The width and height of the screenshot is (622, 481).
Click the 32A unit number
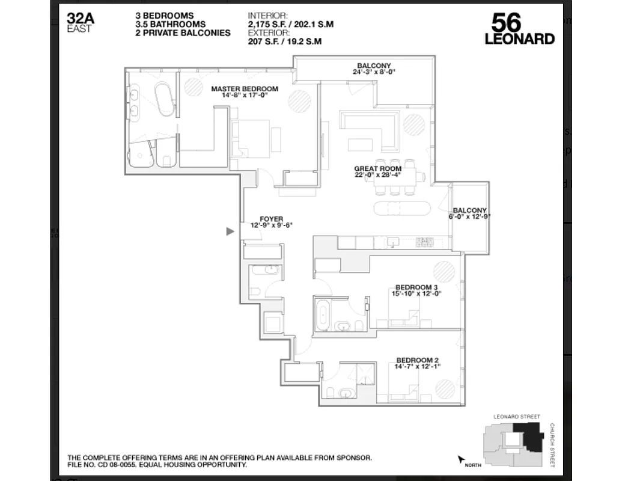(x=79, y=17)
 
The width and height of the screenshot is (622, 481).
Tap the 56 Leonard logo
(x=519, y=29)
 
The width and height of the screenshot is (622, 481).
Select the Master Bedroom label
(x=239, y=88)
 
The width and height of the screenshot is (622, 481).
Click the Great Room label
(x=377, y=169)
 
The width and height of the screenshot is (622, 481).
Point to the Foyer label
(x=271, y=219)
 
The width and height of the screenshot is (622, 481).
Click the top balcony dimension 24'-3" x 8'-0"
(x=374, y=72)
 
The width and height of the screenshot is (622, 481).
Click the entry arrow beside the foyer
(x=230, y=231)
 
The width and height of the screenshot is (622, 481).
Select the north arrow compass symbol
(x=462, y=461)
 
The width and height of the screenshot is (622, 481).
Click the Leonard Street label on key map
(x=516, y=417)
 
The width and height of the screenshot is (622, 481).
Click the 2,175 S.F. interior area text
(x=290, y=25)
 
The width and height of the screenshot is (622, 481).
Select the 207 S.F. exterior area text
(x=284, y=41)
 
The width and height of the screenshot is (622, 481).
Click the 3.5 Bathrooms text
(x=171, y=25)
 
